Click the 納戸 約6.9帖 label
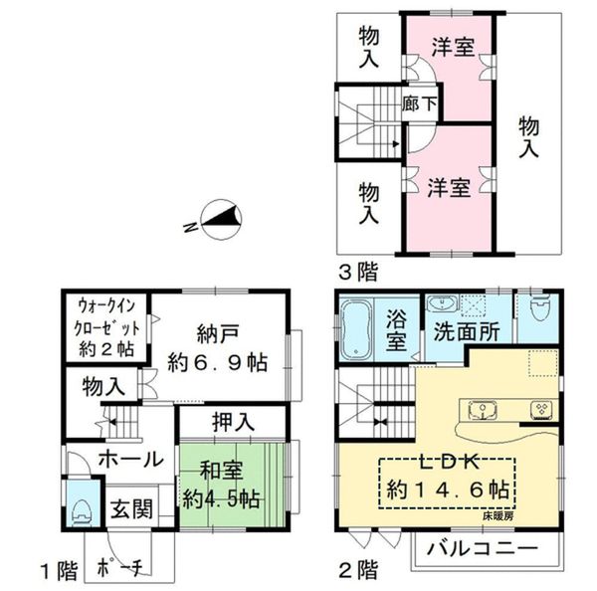[x=217, y=347]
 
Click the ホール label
[x=129, y=459]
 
